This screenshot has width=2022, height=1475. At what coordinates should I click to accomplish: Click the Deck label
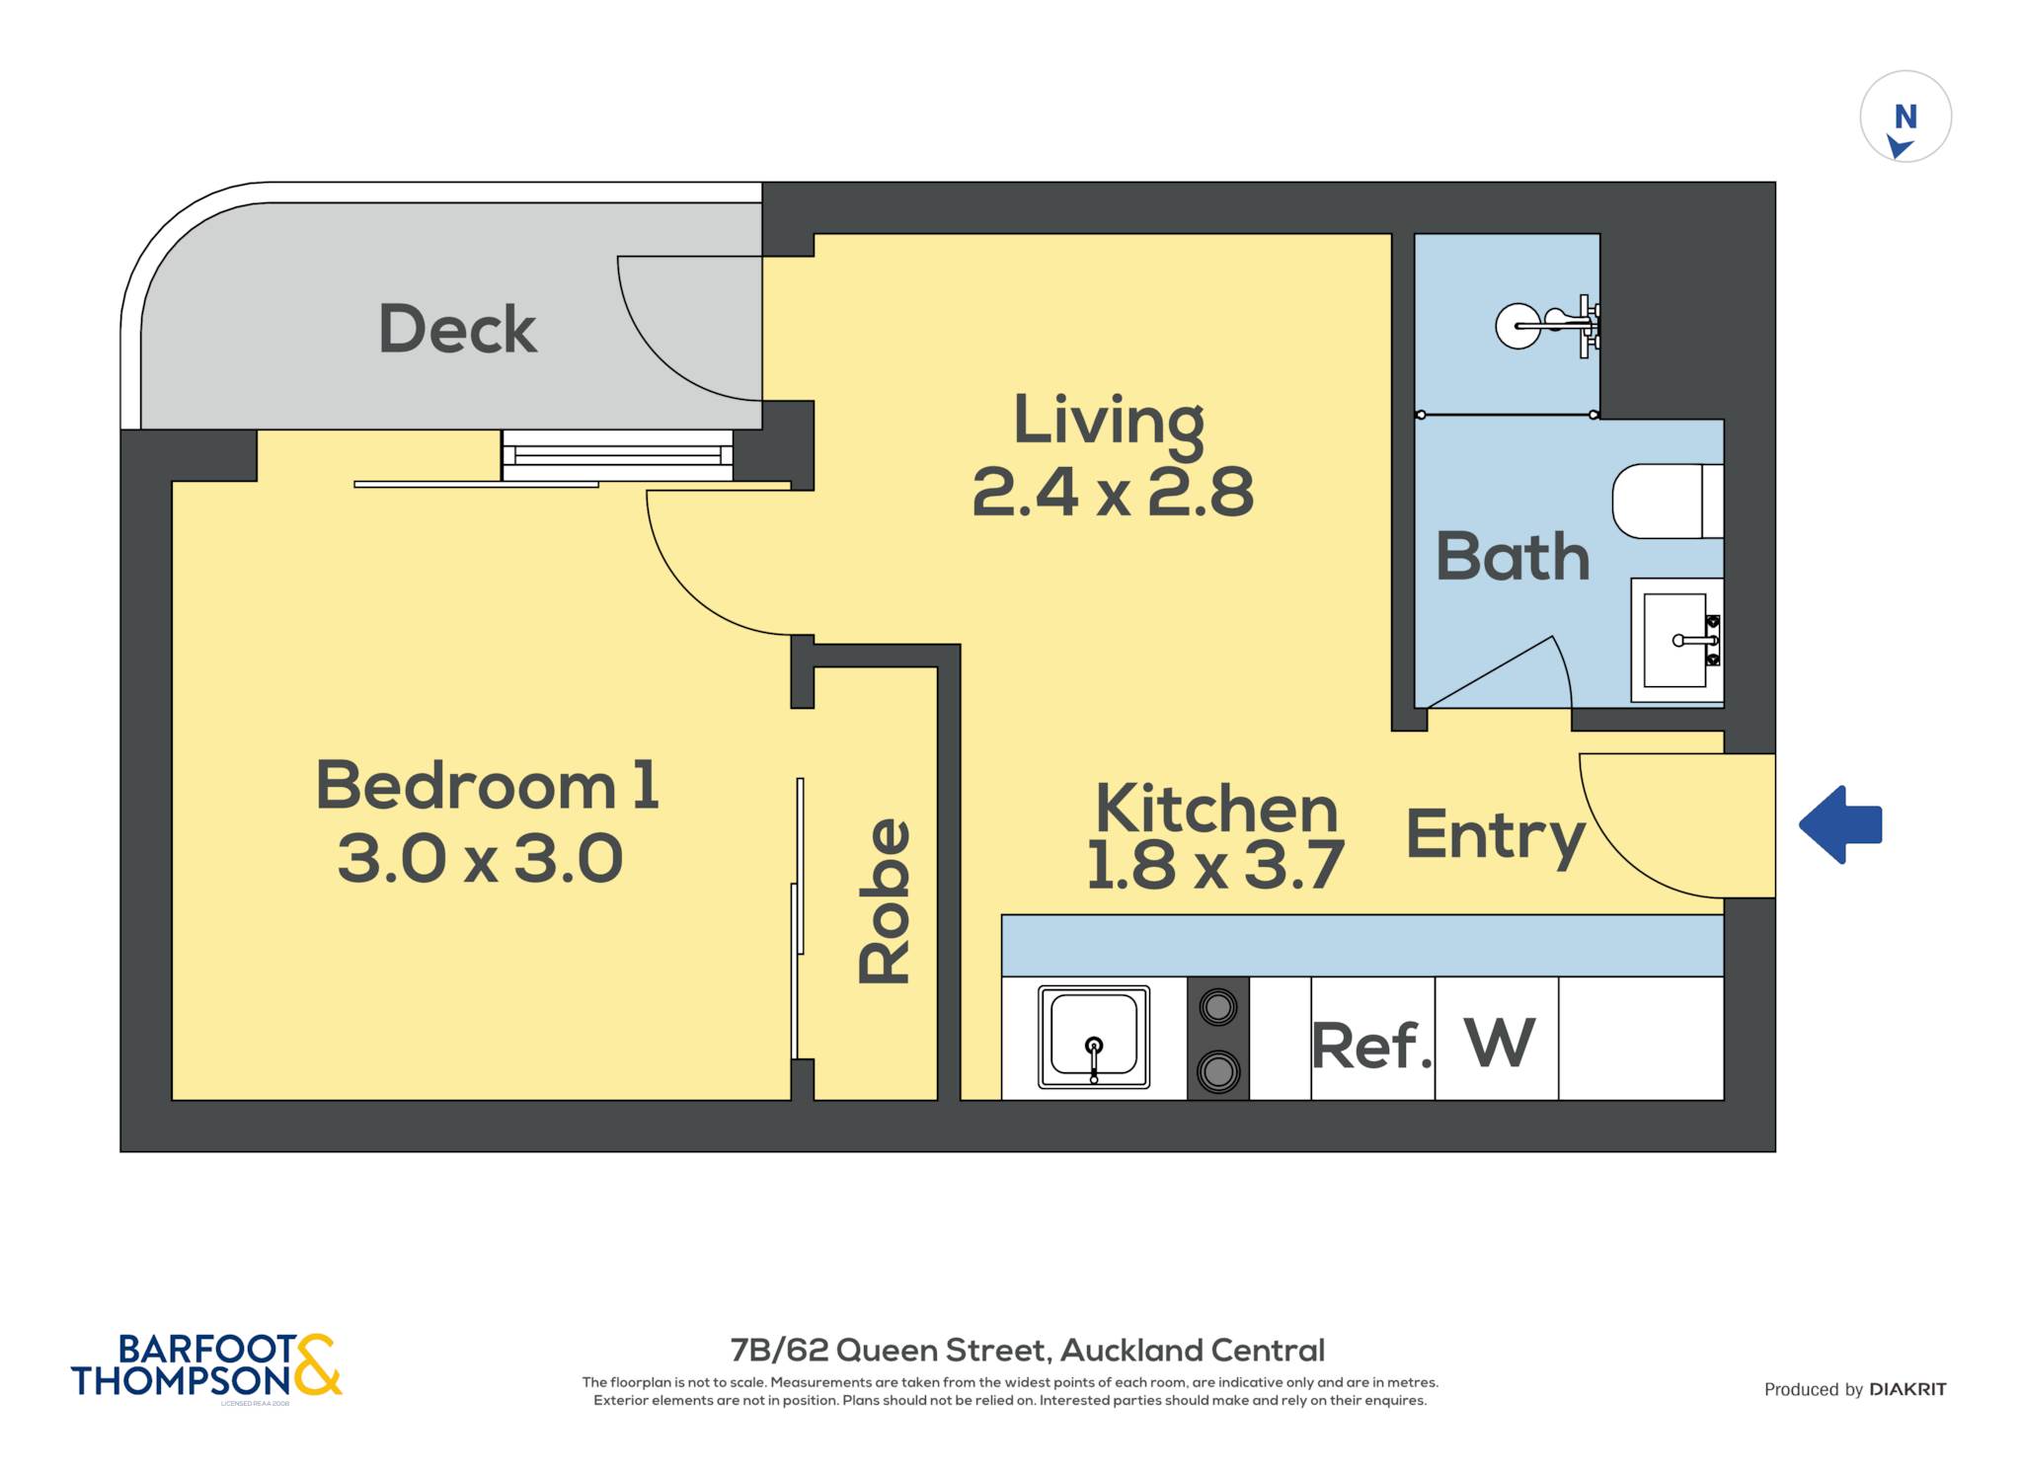(458, 329)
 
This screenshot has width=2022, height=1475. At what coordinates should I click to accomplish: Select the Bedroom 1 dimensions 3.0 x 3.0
(480, 858)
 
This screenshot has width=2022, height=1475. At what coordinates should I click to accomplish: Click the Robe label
(885, 900)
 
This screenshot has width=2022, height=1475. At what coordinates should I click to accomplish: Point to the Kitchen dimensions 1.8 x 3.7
(1215, 865)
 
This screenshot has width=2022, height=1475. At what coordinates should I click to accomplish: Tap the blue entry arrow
(1840, 824)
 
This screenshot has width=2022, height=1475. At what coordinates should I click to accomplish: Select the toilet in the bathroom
(1668, 502)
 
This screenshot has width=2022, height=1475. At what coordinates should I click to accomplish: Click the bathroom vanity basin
(1676, 640)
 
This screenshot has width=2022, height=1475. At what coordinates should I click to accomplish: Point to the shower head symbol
(1547, 326)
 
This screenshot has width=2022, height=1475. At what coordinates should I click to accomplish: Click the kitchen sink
(1094, 1037)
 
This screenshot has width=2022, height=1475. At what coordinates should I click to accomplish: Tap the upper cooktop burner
(1218, 1008)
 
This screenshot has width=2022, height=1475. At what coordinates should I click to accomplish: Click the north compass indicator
(1905, 116)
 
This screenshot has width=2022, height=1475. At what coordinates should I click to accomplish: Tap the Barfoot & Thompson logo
(206, 1366)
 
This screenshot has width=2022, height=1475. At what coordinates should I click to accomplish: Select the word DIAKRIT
(1907, 1389)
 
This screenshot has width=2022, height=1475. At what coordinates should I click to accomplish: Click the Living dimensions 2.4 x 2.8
(1113, 492)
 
